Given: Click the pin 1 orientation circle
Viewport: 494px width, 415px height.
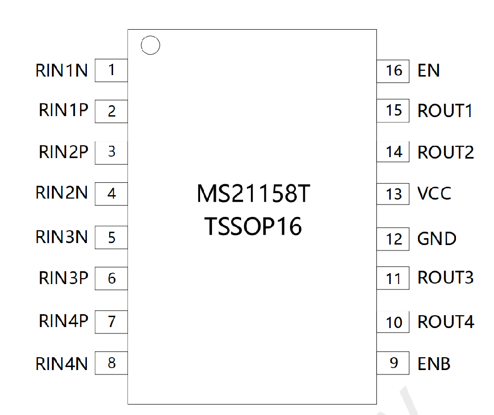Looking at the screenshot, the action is coord(150,36).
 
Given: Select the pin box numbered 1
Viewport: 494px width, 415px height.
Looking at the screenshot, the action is coord(111,70).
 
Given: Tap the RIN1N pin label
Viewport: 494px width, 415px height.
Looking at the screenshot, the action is coord(61,70).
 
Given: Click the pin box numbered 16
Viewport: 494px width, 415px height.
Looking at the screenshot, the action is coord(393,71).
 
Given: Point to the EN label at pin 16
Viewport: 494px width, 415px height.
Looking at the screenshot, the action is coord(428,70).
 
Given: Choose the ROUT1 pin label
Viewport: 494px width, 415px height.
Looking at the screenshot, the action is coord(445,111).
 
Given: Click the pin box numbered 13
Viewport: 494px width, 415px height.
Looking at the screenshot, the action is coord(393,194).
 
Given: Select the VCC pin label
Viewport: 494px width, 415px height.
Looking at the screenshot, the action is coord(434,193).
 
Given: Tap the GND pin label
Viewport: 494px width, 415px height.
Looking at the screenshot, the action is coord(437,239).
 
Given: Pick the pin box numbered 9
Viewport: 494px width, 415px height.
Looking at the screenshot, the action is coord(393,363).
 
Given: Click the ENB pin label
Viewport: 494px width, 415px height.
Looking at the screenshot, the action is coord(434,364).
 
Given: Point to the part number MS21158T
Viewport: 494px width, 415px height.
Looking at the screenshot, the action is coord(253,194).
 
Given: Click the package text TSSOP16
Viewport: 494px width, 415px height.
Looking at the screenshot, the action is coord(253,226).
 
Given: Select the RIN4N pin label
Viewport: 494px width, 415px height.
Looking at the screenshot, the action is coord(61,364).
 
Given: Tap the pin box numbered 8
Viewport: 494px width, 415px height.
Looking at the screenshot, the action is coord(111,363).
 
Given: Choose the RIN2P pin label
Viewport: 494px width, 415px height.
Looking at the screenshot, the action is coord(63,152).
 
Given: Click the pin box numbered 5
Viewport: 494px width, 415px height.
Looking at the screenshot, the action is coord(111,237).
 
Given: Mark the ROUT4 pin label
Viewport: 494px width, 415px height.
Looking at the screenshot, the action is coord(446,322).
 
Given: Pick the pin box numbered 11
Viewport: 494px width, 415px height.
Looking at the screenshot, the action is coord(393,278).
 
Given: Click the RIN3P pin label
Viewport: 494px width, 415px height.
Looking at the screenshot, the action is coord(63,278).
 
